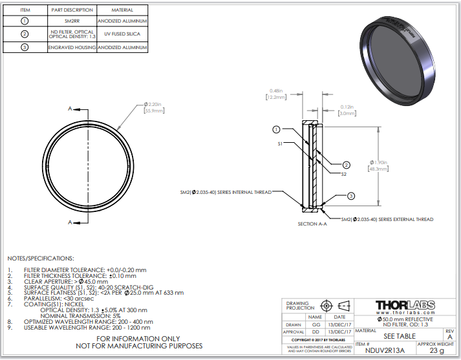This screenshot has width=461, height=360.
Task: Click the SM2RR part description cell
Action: tap(71, 21)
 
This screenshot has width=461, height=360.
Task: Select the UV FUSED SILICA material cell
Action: tap(123, 34)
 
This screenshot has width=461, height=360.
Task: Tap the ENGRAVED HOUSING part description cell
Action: tap(71, 47)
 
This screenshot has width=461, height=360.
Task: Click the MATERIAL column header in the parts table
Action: tap(123, 10)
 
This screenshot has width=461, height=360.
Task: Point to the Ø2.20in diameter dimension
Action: tap(154, 107)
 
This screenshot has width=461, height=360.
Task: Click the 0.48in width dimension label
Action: tap(276, 94)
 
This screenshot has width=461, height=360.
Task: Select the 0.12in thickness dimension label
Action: tap(346, 109)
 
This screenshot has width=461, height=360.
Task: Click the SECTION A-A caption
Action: tap(312, 224)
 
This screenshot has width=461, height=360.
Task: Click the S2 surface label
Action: tap(343, 173)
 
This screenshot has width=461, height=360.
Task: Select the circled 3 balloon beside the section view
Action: tap(351, 196)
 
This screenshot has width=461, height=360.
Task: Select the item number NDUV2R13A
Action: tap(385, 351)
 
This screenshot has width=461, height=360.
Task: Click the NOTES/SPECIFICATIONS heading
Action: tap(40, 258)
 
